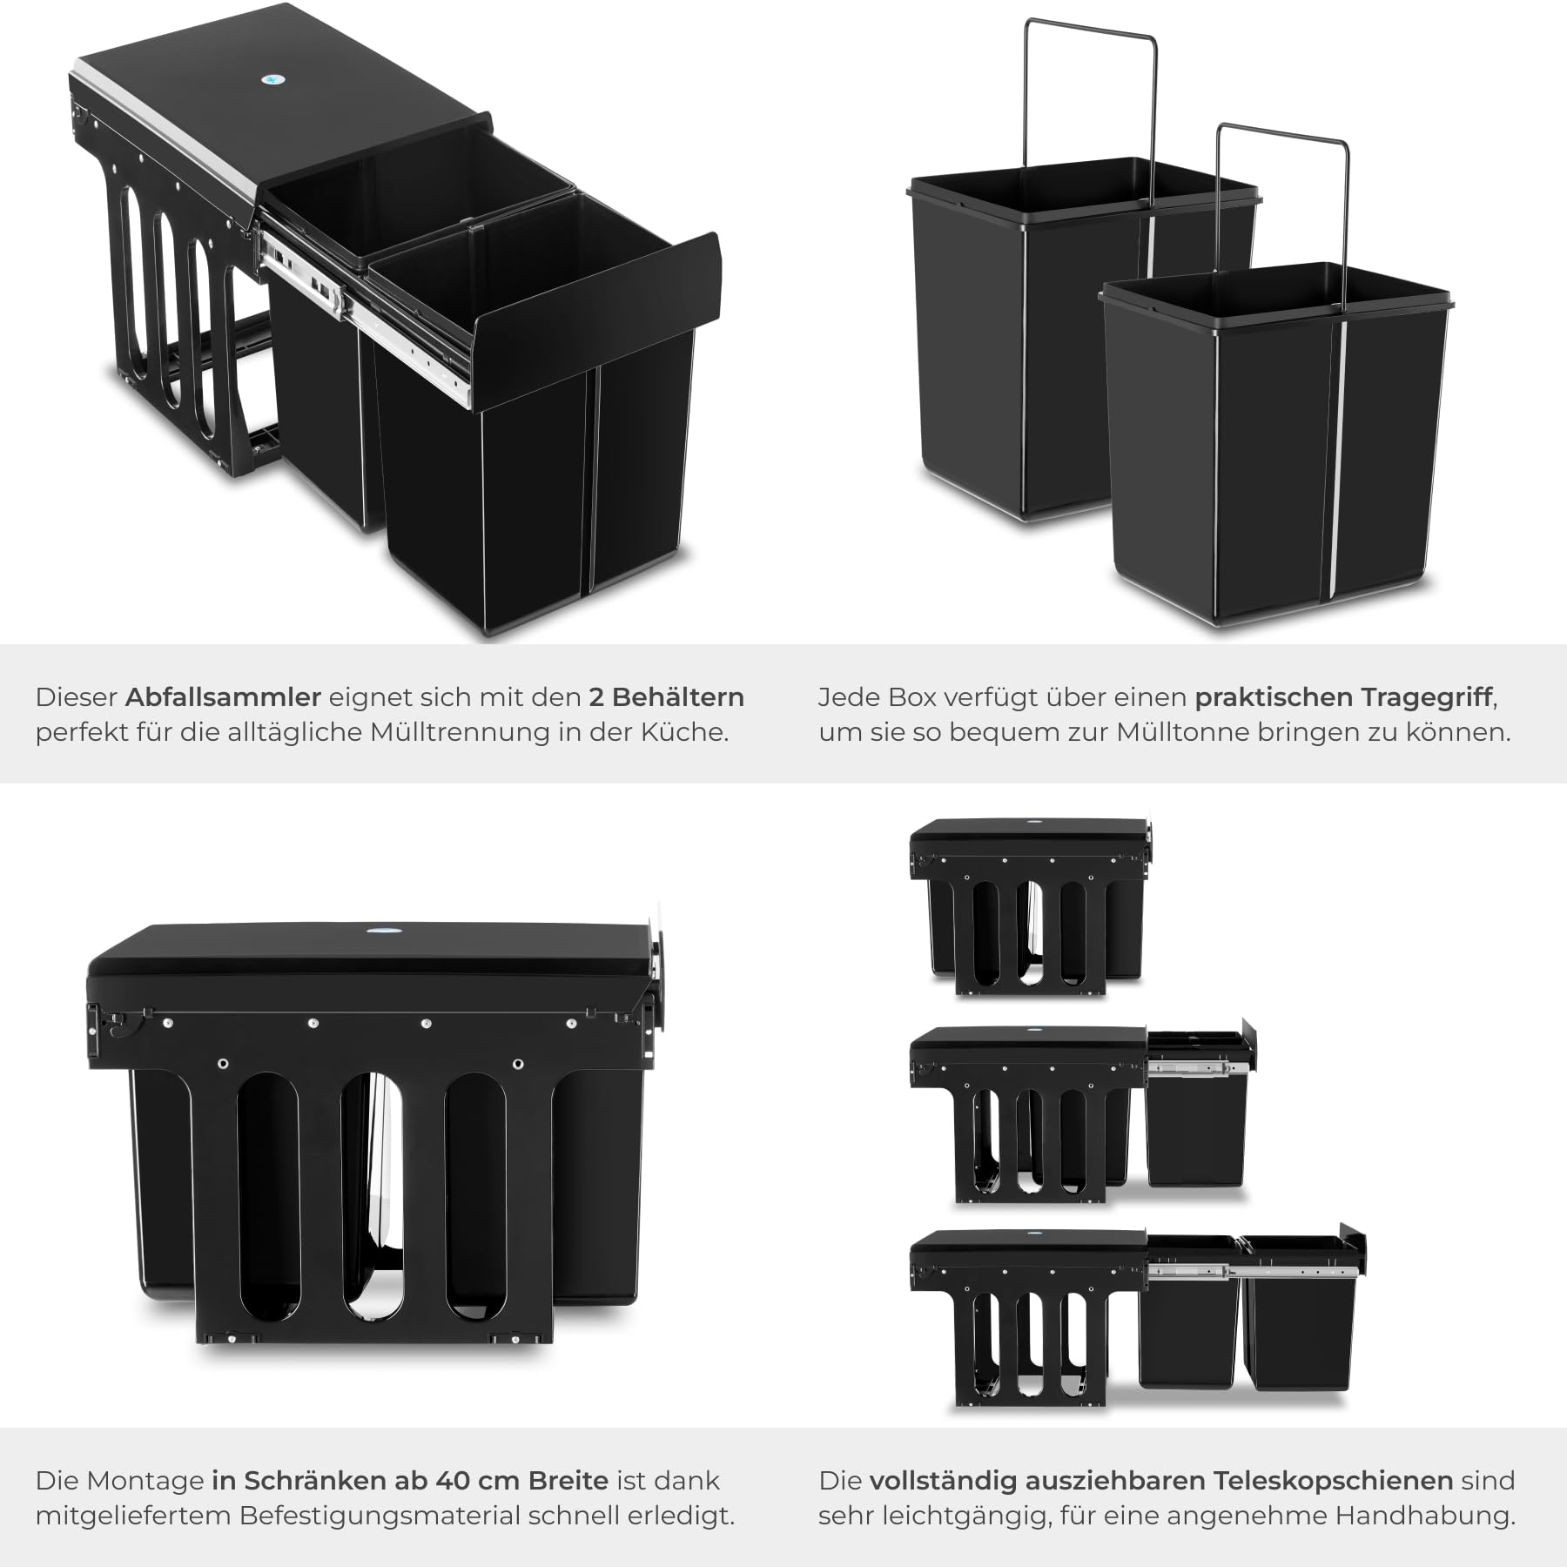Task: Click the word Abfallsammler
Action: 224,697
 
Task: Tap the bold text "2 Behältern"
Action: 667,697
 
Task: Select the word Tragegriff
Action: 1428,698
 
